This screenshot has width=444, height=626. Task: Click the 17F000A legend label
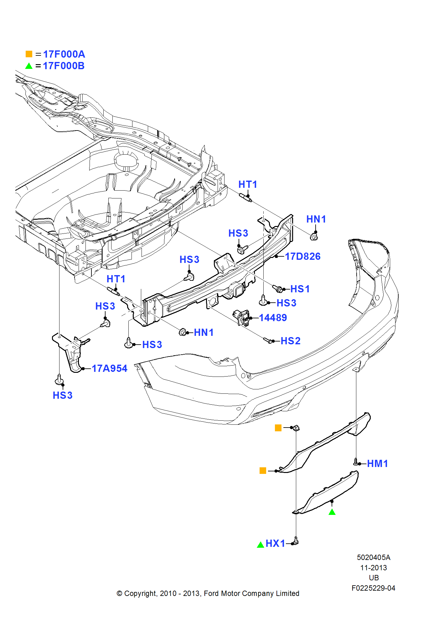pos(64,54)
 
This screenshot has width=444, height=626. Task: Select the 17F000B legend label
pos(64,66)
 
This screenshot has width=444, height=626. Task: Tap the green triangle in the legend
pos(29,66)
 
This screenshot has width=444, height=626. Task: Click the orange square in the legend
pos(29,54)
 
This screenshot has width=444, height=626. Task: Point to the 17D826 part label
pos(302,256)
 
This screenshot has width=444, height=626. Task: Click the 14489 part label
pos(273,318)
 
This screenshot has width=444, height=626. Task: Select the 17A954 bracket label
pos(109,368)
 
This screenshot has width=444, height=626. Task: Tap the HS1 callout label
pos(300,289)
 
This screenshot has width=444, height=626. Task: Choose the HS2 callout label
pos(290,341)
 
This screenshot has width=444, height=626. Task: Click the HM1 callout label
pos(377,464)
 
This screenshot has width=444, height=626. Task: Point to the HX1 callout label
pos(275,543)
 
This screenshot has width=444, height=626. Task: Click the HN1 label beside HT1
pos(316,219)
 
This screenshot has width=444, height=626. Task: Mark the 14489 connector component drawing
pos(241,317)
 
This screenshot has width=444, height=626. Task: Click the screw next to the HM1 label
pos(356,462)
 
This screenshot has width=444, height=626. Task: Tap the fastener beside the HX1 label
pos(296,541)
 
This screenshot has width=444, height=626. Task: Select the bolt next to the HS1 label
pos(277,288)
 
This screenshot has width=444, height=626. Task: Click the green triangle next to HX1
pos(260,545)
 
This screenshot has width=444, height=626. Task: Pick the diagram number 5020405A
pos(373,557)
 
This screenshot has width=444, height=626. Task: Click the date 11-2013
pos(373,568)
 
